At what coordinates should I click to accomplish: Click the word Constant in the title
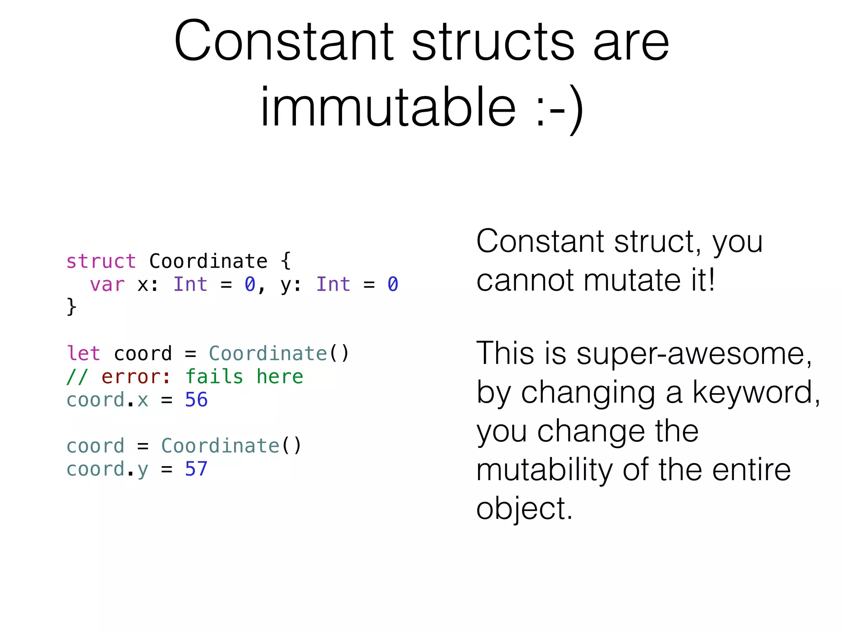(284, 41)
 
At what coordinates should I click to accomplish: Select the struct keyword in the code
(101, 261)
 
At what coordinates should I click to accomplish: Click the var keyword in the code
(107, 284)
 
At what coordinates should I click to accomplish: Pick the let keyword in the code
(83, 354)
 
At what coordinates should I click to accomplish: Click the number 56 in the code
(196, 400)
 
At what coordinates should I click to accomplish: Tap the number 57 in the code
(196, 469)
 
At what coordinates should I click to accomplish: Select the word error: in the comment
(136, 377)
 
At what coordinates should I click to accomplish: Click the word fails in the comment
(214, 377)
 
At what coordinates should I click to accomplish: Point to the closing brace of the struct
(71, 307)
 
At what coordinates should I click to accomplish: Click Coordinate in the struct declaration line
(208, 261)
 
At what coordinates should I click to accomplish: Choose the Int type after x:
(190, 284)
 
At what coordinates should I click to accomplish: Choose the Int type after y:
(333, 284)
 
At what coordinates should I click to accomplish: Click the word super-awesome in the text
(694, 354)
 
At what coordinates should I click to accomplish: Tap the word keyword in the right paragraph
(756, 392)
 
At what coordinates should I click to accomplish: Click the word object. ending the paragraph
(524, 509)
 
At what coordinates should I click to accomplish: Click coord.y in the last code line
(107, 469)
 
